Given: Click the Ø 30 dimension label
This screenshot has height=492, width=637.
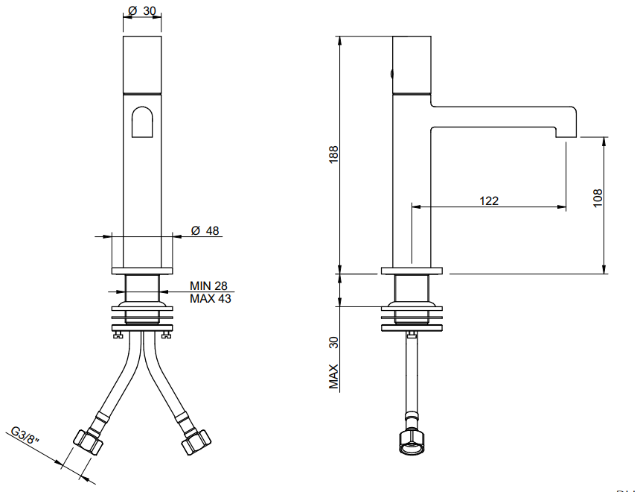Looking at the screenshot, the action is pyautogui.click(x=142, y=10).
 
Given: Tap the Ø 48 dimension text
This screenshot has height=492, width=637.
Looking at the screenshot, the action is pyautogui.click(x=205, y=231).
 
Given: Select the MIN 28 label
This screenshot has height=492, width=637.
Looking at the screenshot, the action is pyautogui.click(x=208, y=286).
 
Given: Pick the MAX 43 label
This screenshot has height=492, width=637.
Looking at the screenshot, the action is pyautogui.click(x=210, y=298).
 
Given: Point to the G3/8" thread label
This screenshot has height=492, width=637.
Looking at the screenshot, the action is pyautogui.click(x=25, y=436).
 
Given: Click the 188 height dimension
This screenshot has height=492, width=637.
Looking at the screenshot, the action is pyautogui.click(x=333, y=154).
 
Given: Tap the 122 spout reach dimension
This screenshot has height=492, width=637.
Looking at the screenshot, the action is pyautogui.click(x=489, y=201).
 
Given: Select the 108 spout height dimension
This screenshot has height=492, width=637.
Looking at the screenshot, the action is pyautogui.click(x=598, y=198).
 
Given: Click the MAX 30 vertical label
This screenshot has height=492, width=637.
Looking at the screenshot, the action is pyautogui.click(x=333, y=362).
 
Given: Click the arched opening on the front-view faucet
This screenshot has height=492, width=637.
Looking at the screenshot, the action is pyautogui.click(x=142, y=122).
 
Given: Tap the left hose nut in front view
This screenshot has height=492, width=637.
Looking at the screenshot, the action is pyautogui.click(x=88, y=441).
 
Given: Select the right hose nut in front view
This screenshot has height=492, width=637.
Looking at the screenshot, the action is pyautogui.click(x=196, y=441).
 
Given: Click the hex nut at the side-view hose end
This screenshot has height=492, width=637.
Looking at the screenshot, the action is pyautogui.click(x=412, y=441).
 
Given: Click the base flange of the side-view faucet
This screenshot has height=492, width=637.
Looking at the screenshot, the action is pyautogui.click(x=412, y=271).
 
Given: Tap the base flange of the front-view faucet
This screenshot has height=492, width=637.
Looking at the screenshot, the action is pyautogui.click(x=142, y=271).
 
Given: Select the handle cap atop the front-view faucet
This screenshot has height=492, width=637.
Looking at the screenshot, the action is pyautogui.click(x=142, y=65).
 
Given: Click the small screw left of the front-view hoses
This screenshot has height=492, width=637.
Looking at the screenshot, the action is pyautogui.click(x=118, y=335).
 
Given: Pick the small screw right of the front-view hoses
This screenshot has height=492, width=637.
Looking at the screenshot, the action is pyautogui.click(x=167, y=335).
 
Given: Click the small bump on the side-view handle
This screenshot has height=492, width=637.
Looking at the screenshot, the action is pyautogui.click(x=391, y=74).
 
